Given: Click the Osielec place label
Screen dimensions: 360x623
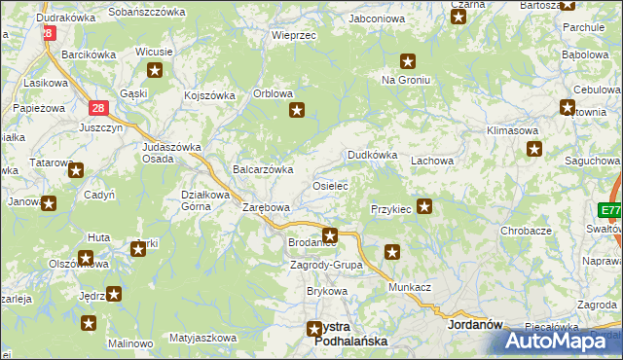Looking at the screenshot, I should point(329,185).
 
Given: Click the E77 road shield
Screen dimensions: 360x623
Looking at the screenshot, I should point(610,210).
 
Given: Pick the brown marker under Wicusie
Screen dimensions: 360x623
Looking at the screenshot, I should point(155,70).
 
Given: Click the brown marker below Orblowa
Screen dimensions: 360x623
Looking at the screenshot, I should point(298,111).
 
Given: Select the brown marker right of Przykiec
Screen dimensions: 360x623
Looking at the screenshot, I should point(424,206).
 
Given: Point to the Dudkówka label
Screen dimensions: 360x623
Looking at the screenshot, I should point(373,155).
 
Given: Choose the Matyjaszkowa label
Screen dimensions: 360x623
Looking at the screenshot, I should point(202,338).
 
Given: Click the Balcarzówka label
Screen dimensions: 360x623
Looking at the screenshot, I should point(263,169).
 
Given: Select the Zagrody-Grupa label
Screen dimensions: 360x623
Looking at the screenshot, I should point(326,265).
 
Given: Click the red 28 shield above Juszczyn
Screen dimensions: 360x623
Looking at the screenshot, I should point(98,109).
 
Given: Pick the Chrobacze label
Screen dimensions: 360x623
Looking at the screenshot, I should point(526,231).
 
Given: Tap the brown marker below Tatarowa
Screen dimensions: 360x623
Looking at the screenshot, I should point(75,170).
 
